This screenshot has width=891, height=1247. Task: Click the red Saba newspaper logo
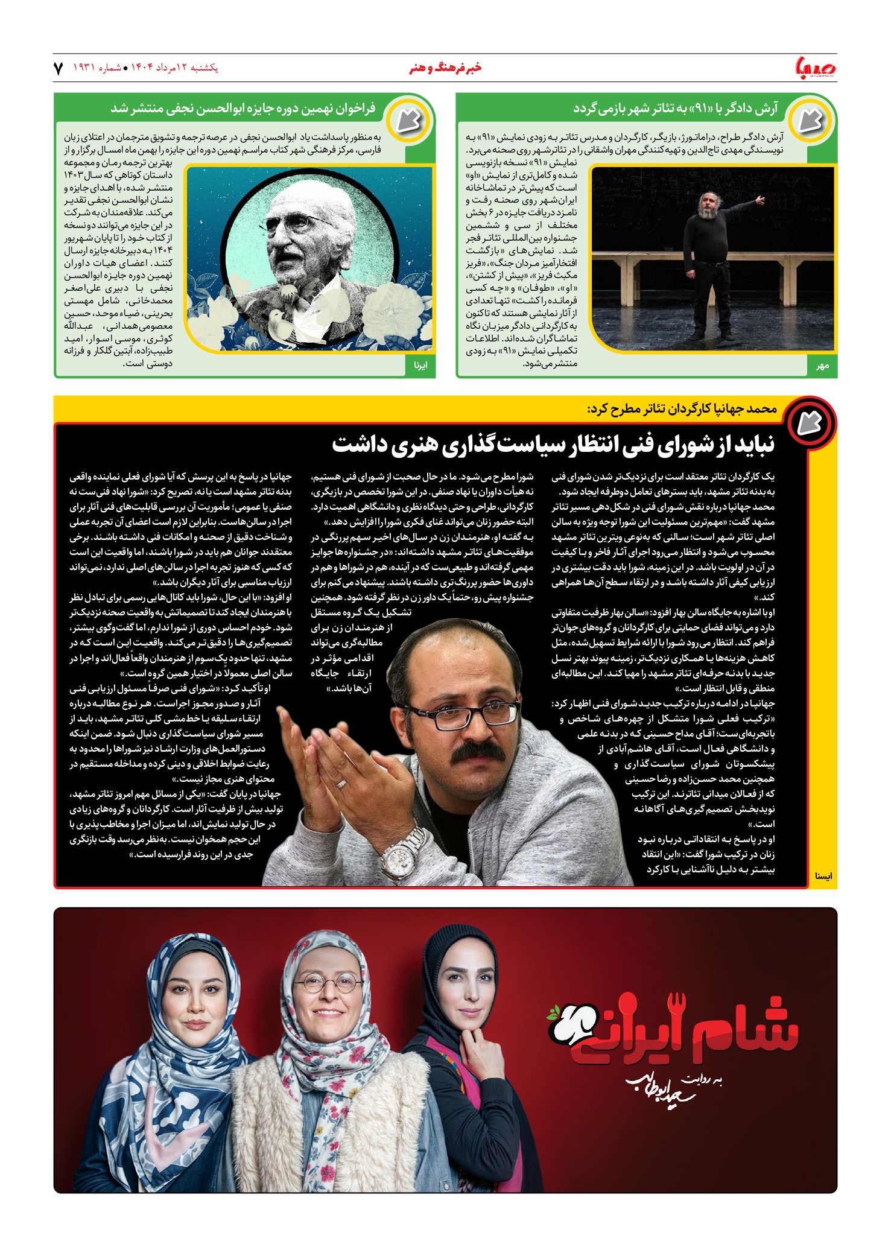click(x=816, y=68)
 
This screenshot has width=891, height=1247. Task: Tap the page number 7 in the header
click(x=59, y=68)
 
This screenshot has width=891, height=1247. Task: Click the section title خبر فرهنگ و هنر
click(x=445, y=68)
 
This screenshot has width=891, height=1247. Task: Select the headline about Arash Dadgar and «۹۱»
click(x=675, y=109)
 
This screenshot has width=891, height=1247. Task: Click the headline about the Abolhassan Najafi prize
click(x=243, y=109)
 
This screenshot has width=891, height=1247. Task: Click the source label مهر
click(x=822, y=366)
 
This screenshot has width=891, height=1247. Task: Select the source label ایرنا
click(x=420, y=366)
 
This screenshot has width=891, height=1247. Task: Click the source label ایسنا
click(x=823, y=876)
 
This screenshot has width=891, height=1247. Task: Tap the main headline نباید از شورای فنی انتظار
click(x=553, y=445)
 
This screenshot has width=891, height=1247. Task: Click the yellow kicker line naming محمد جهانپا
click(x=682, y=409)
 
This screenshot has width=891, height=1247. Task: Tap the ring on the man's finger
click(x=341, y=784)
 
